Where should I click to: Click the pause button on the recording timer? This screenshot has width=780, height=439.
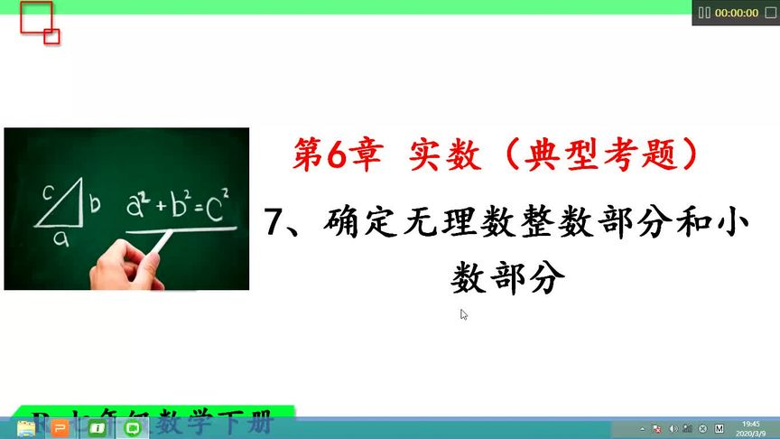click(704, 14)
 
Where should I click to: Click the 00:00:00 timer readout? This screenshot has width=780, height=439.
click(737, 14)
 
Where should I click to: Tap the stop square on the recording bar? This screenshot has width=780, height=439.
click(769, 14)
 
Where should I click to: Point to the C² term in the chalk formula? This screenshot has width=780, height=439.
click(216, 207)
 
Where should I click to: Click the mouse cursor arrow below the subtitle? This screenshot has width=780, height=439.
click(464, 314)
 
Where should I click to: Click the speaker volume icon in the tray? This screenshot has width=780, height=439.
click(673, 428)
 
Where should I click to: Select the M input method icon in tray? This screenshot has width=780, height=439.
click(719, 428)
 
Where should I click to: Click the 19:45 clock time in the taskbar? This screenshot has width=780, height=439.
click(750, 423)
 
